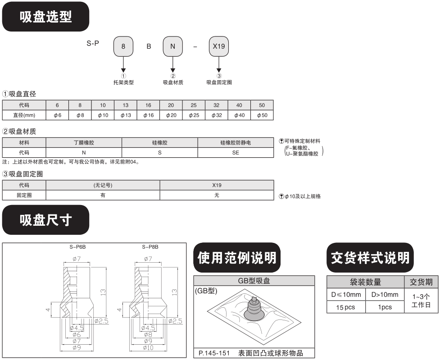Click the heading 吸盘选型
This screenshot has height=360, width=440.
[x=45, y=17]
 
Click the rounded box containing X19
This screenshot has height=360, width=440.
[x=219, y=47]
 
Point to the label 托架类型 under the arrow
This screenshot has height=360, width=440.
[x=123, y=82]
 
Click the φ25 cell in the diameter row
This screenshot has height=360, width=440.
[x=194, y=115]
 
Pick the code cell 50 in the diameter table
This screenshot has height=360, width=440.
[x=262, y=105]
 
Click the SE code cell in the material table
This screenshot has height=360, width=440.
[x=236, y=152]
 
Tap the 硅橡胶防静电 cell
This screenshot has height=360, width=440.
[x=236, y=142]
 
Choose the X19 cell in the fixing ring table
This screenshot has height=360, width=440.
[x=217, y=185]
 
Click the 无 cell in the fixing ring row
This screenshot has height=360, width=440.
[x=217, y=196]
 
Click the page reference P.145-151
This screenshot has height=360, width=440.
[x=213, y=353]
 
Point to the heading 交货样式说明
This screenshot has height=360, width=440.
[x=370, y=258]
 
